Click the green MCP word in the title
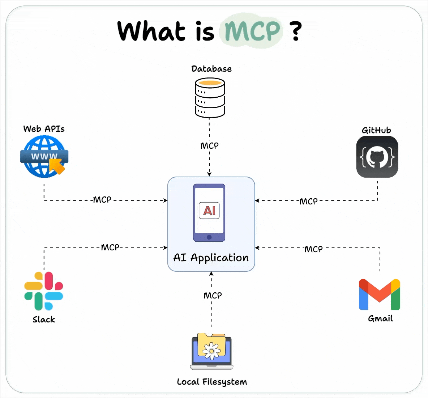click(252, 31)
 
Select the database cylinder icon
click(210, 98)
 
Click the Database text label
click(211, 69)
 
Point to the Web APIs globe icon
click(43, 156)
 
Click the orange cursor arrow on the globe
click(57, 166)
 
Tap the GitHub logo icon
click(377, 157)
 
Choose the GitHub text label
click(376, 130)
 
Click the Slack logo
click(44, 291)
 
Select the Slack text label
click(44, 319)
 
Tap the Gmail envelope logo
click(380, 295)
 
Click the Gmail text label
click(380, 318)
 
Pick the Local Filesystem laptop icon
click(211, 351)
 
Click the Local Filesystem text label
click(212, 382)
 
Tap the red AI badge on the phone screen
click(209, 210)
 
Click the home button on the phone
click(209, 237)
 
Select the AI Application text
click(211, 258)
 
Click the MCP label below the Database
click(210, 145)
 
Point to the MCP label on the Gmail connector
click(313, 249)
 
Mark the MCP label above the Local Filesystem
click(213, 295)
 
